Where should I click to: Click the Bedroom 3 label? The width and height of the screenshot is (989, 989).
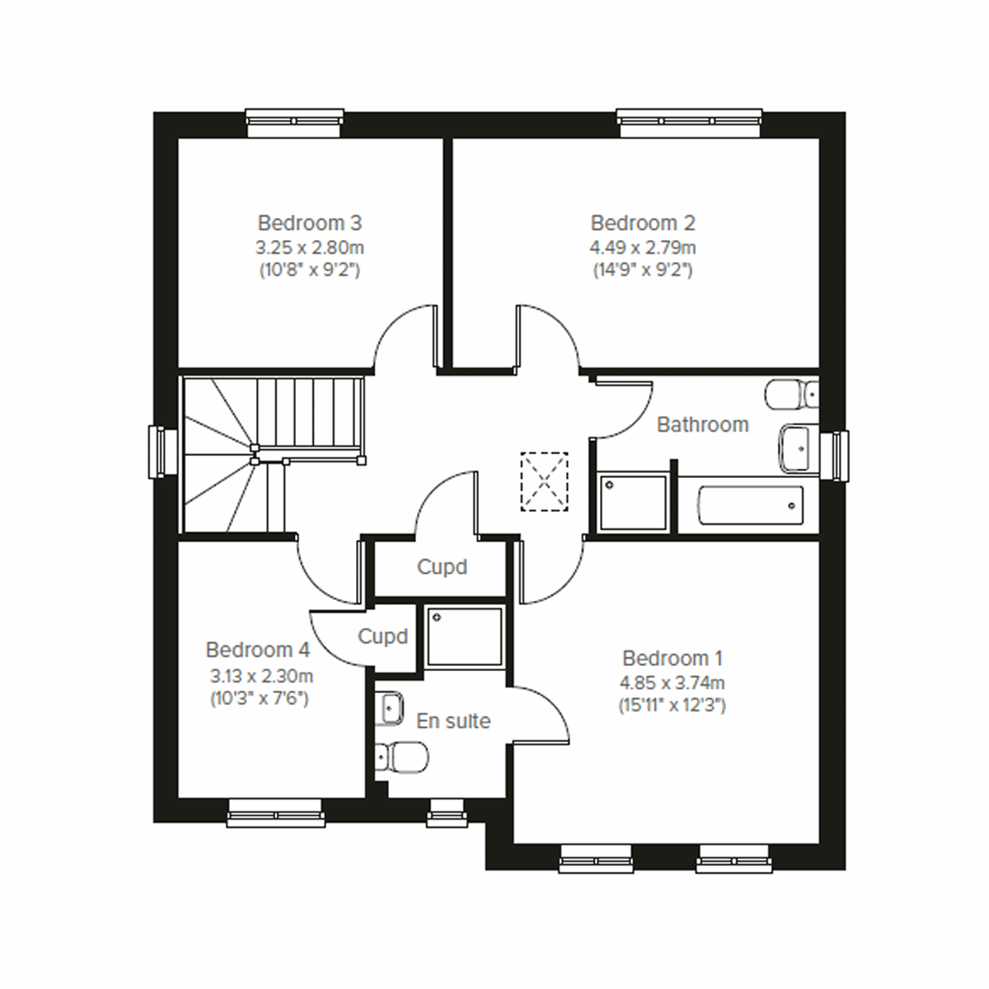pyautogui.click(x=309, y=223)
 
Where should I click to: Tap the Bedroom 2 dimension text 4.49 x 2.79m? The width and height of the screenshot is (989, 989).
pyautogui.click(x=642, y=247)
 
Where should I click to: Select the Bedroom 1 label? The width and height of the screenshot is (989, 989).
pyautogui.click(x=672, y=659)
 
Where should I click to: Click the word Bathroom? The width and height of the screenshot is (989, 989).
pyautogui.click(x=702, y=424)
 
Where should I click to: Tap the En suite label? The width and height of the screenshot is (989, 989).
pyautogui.click(x=452, y=721)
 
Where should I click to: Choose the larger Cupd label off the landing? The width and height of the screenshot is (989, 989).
pyautogui.click(x=442, y=567)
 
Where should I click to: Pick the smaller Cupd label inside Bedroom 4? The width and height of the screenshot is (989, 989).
pyautogui.click(x=382, y=636)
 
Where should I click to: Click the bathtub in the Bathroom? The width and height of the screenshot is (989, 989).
pyautogui.click(x=750, y=505)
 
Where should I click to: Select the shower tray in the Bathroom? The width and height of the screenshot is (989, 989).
pyautogui.click(x=633, y=502)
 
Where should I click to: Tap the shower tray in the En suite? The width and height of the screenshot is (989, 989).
pyautogui.click(x=464, y=635)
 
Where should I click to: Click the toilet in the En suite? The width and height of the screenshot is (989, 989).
pyautogui.click(x=401, y=754)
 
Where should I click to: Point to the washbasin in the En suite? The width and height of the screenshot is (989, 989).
pyautogui.click(x=389, y=708)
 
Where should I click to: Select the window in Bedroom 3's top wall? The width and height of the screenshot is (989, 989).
pyautogui.click(x=295, y=123)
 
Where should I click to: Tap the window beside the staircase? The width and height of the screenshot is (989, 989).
pyautogui.click(x=157, y=452)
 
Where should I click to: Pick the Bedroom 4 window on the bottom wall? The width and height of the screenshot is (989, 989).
pyautogui.click(x=274, y=812)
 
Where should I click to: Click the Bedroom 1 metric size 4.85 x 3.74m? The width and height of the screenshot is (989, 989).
pyautogui.click(x=672, y=682)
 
